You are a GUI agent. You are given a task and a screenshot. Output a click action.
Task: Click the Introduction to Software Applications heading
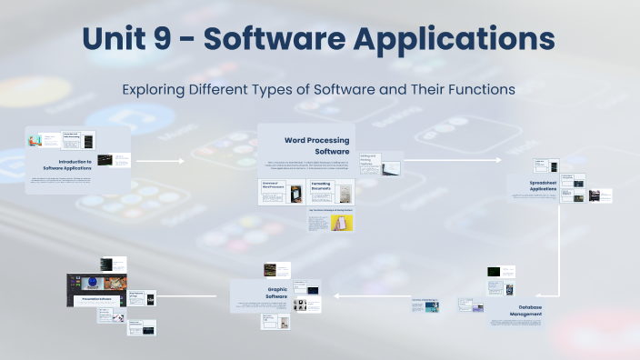coord(67,165)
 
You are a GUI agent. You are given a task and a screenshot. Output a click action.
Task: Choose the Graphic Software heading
coord(275,293)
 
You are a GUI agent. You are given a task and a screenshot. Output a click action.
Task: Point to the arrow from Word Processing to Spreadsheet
coord(452,161)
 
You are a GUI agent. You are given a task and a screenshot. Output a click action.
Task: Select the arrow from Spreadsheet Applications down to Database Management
coord(557,255)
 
